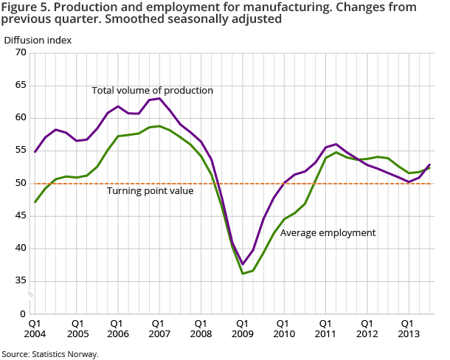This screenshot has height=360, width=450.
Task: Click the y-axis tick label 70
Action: tap(21, 52)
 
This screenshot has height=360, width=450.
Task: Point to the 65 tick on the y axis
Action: tap(21, 85)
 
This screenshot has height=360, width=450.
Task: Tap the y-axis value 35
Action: tap(21, 280)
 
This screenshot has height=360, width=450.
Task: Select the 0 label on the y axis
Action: tap(24, 314)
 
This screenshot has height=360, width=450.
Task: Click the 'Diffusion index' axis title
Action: tap(38, 40)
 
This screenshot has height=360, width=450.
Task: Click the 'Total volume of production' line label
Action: tap(152, 91)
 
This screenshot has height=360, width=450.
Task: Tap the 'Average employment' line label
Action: tap(328, 233)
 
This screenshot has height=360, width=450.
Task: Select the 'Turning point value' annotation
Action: tap(150, 190)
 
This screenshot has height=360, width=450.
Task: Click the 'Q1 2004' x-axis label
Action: tap(35, 328)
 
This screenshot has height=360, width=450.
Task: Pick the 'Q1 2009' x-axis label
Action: tap(241, 328)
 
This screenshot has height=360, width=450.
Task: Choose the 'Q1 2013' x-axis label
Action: tap(406, 328)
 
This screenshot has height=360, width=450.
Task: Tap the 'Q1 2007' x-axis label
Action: tap(159, 328)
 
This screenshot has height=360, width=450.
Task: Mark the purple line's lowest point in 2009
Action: tap(241, 264)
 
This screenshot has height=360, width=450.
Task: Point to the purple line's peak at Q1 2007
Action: tap(159, 98)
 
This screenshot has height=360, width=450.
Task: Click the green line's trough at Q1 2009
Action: tap(241, 274)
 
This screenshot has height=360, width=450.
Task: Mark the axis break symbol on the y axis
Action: tap(31, 295)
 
